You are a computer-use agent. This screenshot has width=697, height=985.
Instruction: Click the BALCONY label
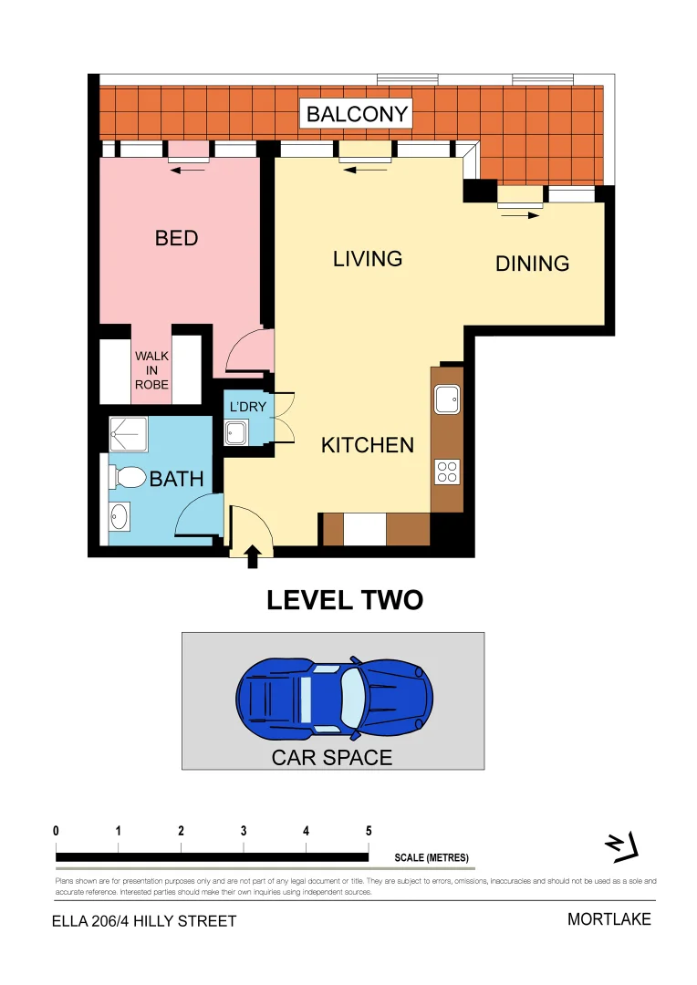[358, 115]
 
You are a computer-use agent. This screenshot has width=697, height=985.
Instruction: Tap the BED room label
[176, 238]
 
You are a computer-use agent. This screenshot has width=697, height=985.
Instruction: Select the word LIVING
[368, 259]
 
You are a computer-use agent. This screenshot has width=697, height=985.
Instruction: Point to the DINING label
[532, 264]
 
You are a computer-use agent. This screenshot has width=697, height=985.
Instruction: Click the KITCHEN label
[367, 445]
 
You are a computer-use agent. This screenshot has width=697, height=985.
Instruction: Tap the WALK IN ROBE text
[151, 370]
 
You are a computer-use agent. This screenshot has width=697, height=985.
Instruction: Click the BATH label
[176, 479]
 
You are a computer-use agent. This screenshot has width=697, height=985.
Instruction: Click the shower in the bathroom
[128, 435]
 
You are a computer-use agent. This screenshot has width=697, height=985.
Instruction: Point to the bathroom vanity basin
[120, 517]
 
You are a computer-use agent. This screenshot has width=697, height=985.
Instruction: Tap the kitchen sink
[446, 399]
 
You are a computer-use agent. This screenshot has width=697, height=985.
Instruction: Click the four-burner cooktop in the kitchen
[447, 471]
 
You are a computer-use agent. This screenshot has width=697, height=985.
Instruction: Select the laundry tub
[235, 433]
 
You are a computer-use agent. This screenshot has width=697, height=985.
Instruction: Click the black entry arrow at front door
[253, 556]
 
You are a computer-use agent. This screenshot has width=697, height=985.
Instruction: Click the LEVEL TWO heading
[344, 600]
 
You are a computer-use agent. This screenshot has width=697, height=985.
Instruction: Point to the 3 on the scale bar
[244, 831]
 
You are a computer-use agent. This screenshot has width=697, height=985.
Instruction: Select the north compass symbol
[622, 848]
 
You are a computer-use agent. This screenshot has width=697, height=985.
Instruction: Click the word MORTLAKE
[609, 919]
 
